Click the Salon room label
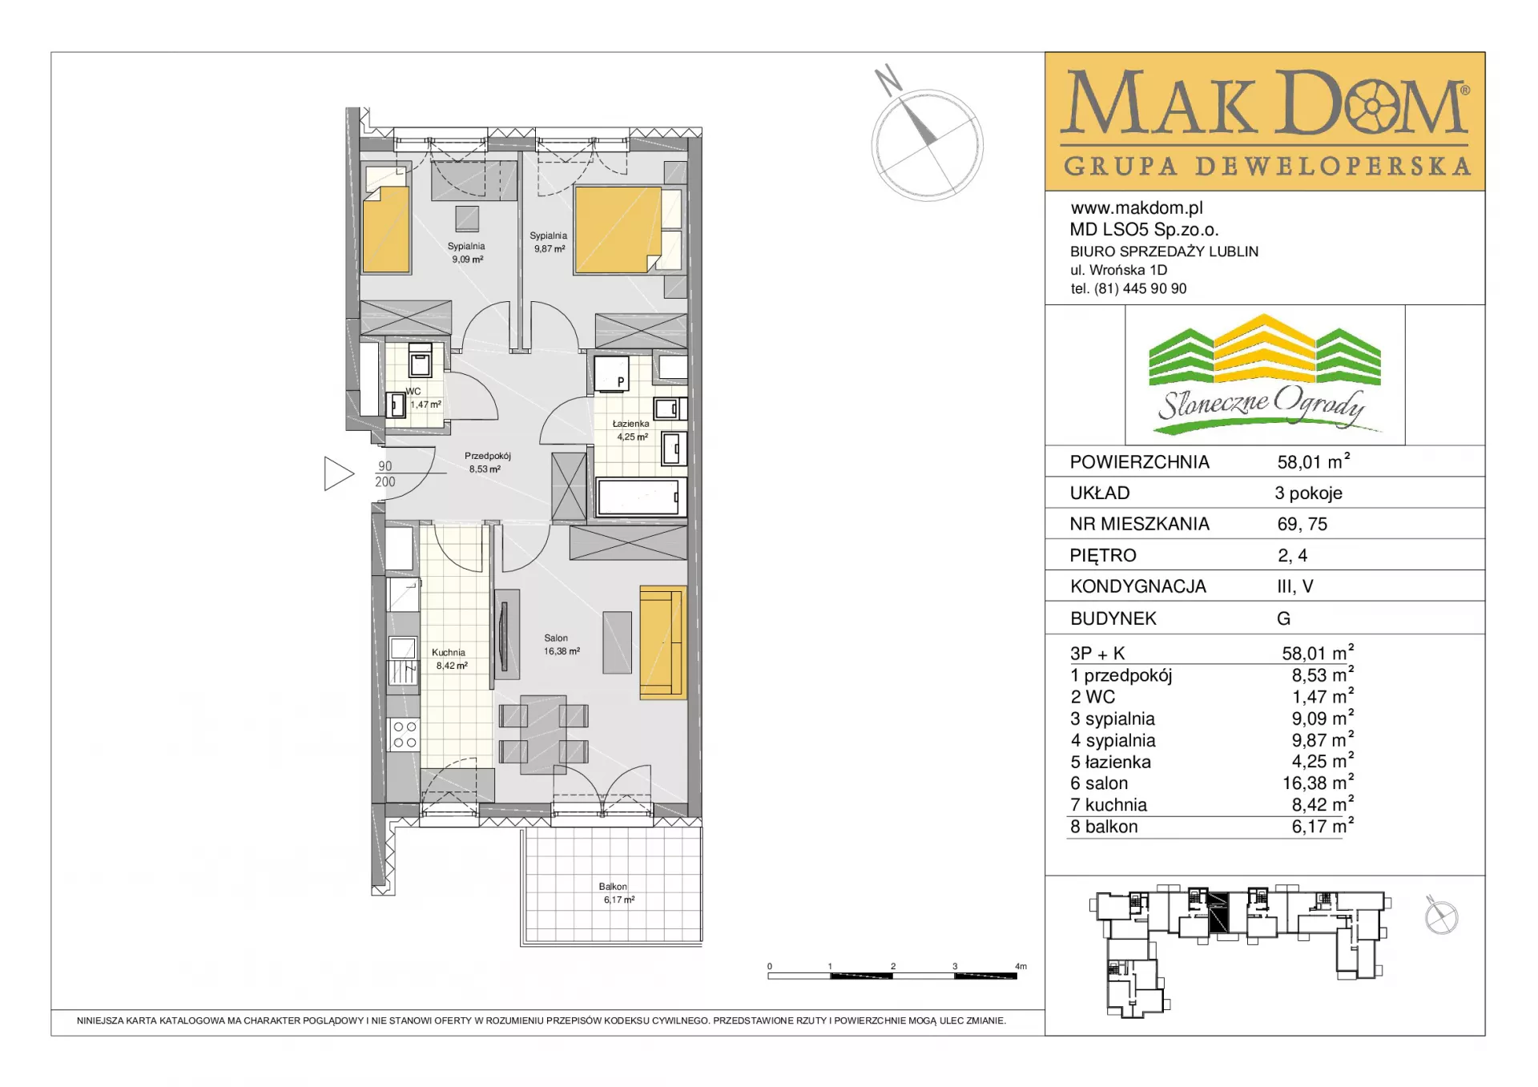556,638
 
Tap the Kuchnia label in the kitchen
448,652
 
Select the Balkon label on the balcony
613,887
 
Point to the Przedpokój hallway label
487,456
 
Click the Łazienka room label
630,424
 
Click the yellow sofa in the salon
663,642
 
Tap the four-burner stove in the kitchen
405,735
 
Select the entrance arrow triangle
339,473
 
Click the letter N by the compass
888,79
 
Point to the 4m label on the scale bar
1021,966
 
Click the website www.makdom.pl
1137,208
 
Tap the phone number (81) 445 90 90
1141,288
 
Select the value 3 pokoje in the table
1309,493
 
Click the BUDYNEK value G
1284,618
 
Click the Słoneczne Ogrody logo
1265,374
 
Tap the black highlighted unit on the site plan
1218,912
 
